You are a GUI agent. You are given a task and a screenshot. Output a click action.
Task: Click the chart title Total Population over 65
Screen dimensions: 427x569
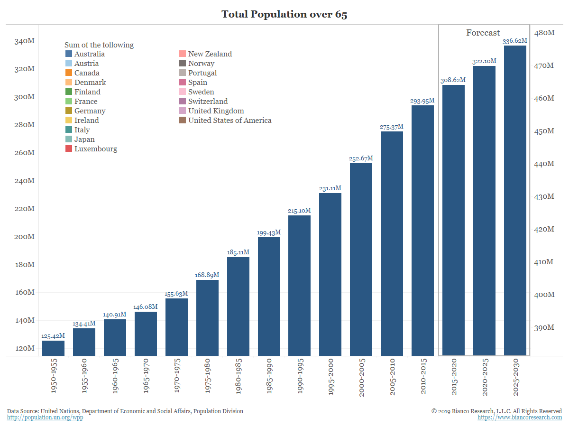pyautogui.click(x=284, y=14)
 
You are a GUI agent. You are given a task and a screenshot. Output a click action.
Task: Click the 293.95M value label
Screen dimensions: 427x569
pyautogui.click(x=422, y=101)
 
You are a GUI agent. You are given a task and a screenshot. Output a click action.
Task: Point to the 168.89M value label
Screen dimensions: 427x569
pyautogui.click(x=207, y=275)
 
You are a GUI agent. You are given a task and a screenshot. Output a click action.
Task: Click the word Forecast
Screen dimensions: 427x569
pyautogui.click(x=483, y=33)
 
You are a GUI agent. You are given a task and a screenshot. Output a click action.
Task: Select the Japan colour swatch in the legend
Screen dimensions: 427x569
pyautogui.click(x=69, y=139)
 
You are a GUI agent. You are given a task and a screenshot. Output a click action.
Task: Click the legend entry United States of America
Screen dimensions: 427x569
pyautogui.click(x=229, y=121)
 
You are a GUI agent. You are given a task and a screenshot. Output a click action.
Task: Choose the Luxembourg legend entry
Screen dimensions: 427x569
pyautogui.click(x=95, y=149)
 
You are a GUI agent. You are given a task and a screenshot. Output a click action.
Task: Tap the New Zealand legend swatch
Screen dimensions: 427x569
pyautogui.click(x=183, y=54)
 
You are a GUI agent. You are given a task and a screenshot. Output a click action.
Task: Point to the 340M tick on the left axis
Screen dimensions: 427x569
pyautogui.click(x=24, y=41)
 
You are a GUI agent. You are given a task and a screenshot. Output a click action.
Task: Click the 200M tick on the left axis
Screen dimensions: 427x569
pyautogui.click(x=24, y=237)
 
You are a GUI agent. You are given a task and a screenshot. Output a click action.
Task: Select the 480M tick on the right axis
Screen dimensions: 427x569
pyautogui.click(x=544, y=33)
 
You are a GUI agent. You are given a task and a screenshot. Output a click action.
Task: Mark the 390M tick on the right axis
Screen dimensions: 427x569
pyautogui.click(x=544, y=328)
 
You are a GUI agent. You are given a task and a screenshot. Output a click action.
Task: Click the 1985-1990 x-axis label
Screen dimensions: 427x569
pyautogui.click(x=268, y=378)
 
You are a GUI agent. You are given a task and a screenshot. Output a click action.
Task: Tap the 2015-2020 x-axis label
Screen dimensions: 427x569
pyautogui.click(x=453, y=378)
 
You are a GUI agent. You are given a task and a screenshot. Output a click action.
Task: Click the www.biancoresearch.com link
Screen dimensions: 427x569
pyautogui.click(x=520, y=418)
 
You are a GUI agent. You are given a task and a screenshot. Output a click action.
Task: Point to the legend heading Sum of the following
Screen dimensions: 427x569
pyautogui.click(x=99, y=45)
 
